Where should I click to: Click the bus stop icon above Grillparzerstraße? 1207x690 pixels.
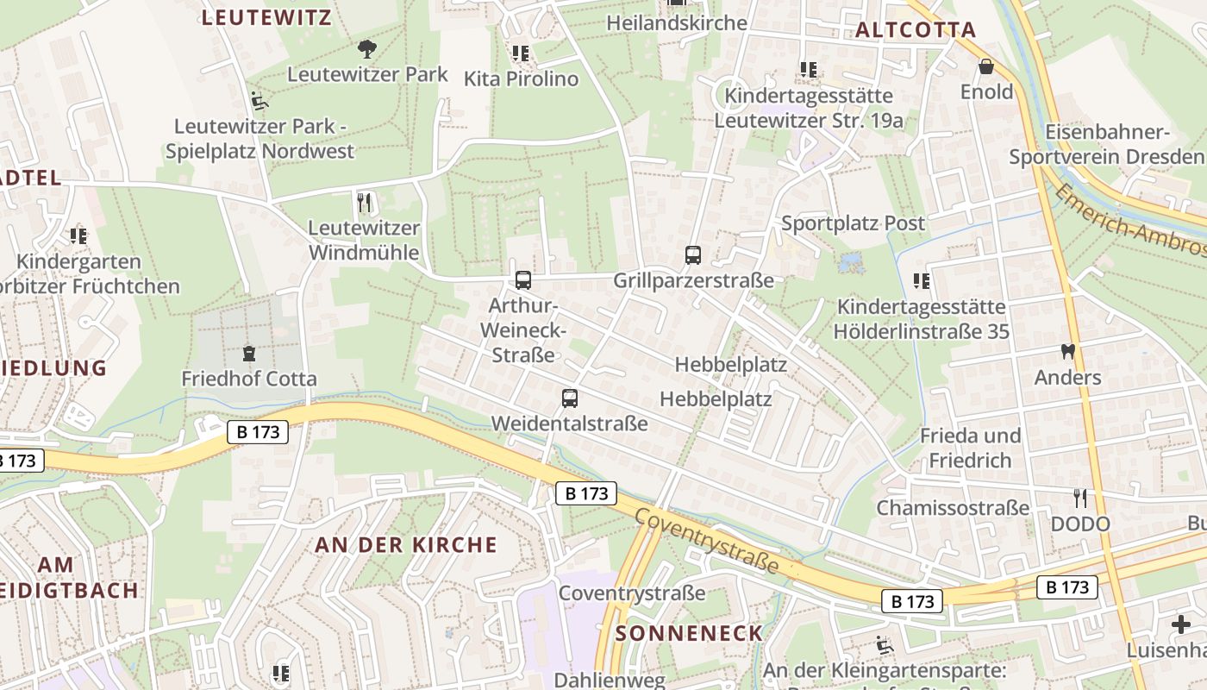692,254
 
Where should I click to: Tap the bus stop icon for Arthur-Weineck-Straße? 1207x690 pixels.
522,279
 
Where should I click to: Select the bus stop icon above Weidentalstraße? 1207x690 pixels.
569,398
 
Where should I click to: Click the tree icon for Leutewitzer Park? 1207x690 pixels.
367,48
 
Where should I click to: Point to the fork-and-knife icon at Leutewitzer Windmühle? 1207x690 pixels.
364,203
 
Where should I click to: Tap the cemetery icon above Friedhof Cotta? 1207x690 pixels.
249,353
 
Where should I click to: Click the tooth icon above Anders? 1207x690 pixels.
1067,352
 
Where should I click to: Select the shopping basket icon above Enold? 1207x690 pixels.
986,66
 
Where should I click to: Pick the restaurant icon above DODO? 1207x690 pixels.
1079,498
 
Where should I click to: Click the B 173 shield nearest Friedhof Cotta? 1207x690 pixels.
258,432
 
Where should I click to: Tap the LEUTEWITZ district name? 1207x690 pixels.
266,17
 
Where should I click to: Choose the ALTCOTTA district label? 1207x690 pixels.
916,30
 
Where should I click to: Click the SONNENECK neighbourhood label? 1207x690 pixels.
689,633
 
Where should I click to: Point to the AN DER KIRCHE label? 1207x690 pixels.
406,544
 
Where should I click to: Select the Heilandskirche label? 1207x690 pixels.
677,22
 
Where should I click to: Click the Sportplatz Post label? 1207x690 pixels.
853,223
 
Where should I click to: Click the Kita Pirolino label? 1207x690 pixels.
521,78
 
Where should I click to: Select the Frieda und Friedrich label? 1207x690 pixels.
970,448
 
